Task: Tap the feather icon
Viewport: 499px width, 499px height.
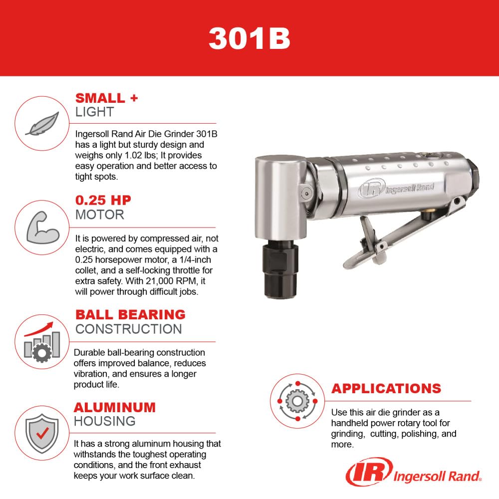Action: (42, 123)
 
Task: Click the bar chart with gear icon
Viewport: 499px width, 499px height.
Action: (42, 343)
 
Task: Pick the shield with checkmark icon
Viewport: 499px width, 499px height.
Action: (42, 432)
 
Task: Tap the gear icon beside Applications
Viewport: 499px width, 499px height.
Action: (297, 401)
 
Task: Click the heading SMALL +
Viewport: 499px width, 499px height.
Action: (106, 98)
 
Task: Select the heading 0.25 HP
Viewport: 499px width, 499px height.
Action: (103, 201)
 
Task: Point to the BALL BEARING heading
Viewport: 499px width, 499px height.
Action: (130, 314)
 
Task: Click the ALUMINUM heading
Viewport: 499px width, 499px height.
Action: (115, 407)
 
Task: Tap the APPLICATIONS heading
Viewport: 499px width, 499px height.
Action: (386, 388)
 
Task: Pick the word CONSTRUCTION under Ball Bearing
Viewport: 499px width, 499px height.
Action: (128, 329)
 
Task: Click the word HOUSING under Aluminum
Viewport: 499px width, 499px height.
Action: (104, 421)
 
